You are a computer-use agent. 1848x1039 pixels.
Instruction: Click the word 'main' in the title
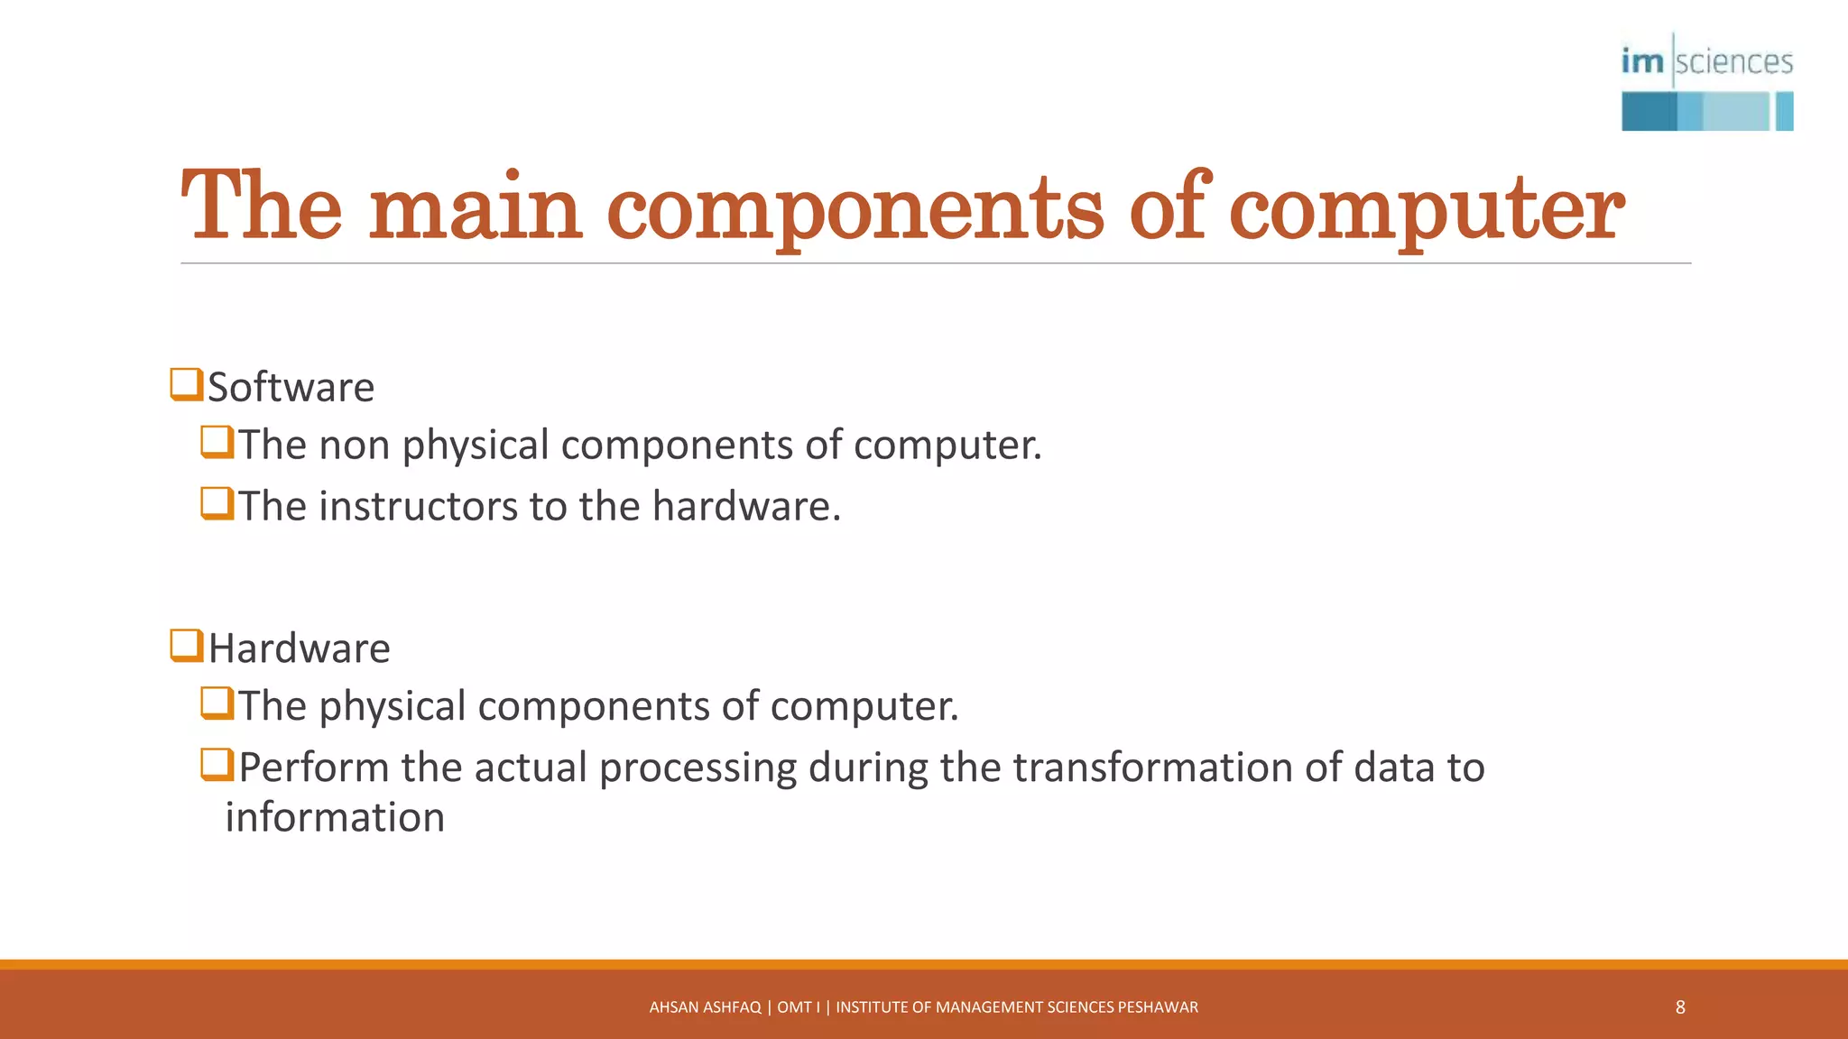(476, 210)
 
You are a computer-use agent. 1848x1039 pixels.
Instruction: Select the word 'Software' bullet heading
(291, 388)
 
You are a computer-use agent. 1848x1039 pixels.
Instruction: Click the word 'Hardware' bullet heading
(299, 649)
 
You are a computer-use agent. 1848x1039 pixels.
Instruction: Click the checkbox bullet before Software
(186, 384)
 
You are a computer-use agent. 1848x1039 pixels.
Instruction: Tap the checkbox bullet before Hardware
(186, 646)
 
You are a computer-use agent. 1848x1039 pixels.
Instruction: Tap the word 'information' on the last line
(335, 817)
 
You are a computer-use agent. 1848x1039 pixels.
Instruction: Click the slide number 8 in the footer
(1680, 1007)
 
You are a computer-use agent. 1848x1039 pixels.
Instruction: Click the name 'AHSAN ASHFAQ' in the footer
(705, 1007)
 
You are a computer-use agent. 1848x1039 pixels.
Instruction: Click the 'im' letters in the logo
(1641, 61)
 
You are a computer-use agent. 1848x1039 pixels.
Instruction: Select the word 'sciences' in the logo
(1734, 61)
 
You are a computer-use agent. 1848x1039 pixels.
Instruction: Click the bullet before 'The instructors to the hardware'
(217, 503)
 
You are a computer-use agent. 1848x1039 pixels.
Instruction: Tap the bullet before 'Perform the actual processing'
(217, 765)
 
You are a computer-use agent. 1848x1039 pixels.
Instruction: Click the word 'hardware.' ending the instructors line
(746, 506)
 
